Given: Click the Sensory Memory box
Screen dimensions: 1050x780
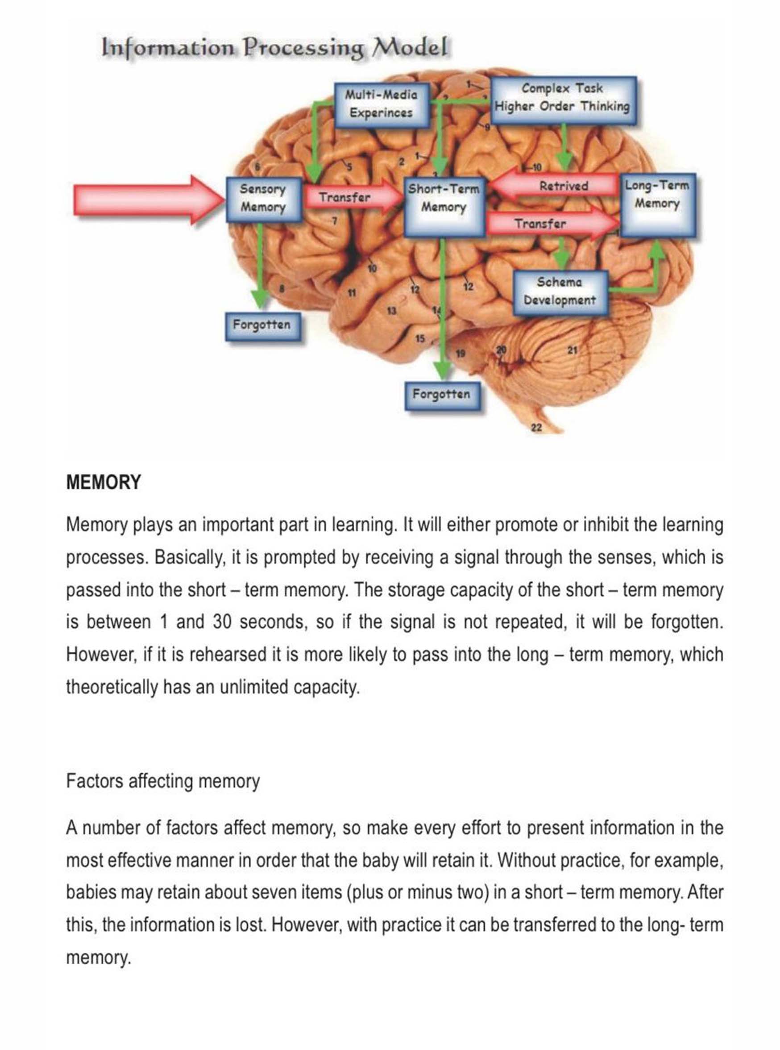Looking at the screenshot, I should click(x=263, y=199).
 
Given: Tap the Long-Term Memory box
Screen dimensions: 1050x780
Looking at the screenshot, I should click(x=657, y=204).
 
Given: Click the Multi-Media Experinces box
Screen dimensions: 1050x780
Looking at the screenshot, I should click(x=382, y=104).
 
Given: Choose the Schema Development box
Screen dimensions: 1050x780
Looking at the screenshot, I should click(x=560, y=292).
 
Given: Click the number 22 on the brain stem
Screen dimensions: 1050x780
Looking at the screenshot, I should click(x=536, y=428).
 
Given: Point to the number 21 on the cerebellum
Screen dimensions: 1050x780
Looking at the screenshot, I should click(x=572, y=350).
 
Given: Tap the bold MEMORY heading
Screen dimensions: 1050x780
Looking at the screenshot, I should click(x=104, y=482).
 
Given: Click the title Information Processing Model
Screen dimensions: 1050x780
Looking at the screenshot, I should click(x=274, y=48).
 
